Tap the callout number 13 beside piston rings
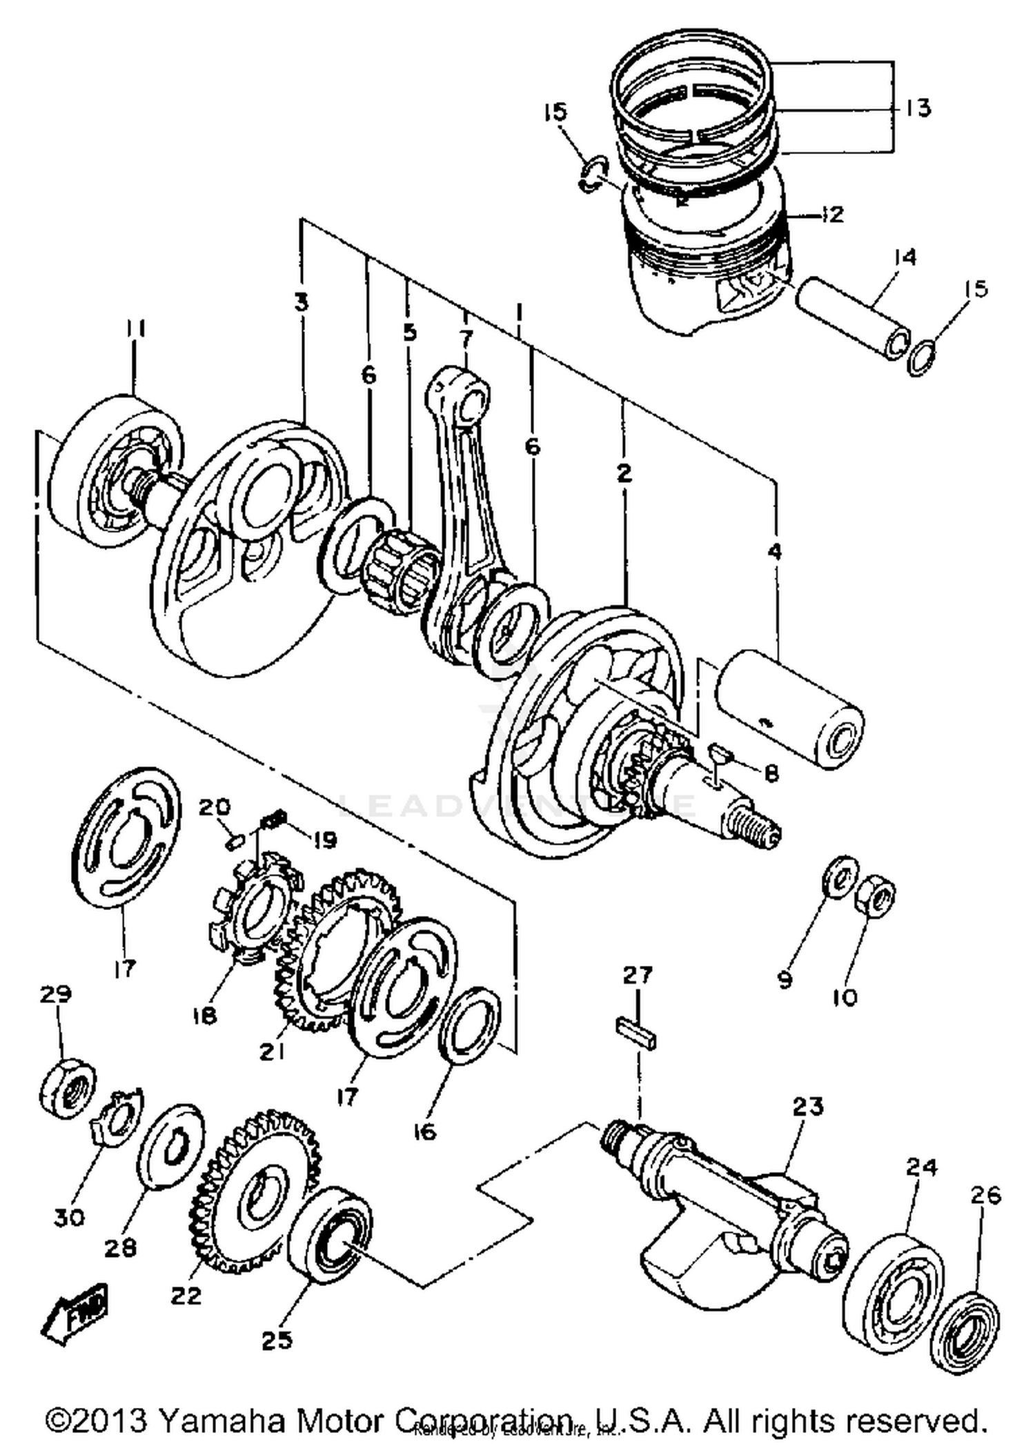point(918,108)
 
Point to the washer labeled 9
point(840,878)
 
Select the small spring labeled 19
point(274,821)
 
